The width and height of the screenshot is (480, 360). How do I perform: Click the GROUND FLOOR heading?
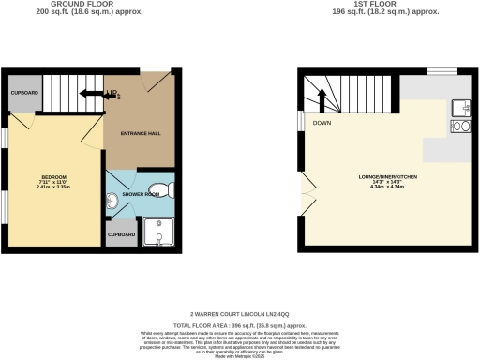(x=68, y=5)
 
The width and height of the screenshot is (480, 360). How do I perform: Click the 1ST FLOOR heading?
(x=387, y=5)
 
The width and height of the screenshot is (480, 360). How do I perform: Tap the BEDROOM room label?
(x=52, y=177)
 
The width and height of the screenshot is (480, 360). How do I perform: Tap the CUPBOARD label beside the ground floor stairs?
(x=25, y=94)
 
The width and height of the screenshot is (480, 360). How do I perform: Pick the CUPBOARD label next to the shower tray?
(x=121, y=234)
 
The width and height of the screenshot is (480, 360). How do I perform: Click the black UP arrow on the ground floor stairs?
(x=94, y=94)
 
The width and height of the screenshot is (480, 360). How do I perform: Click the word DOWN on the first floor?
(x=322, y=123)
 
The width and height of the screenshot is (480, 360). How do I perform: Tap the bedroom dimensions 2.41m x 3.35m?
(x=53, y=187)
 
